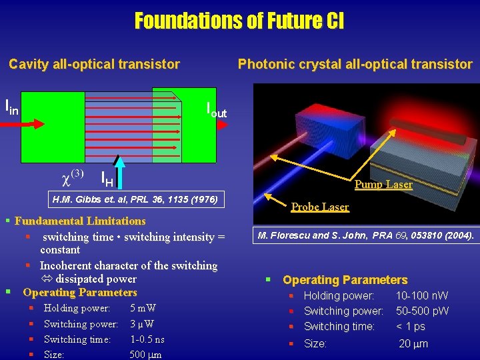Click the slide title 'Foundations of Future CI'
pos(239,21)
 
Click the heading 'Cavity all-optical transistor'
pos(94,64)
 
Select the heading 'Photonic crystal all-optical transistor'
pos(355,64)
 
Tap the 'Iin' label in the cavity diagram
pos(12,106)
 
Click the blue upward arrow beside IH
pos(119,171)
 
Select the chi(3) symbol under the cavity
pos(72,176)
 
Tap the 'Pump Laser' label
pos(383,185)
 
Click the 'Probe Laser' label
pos(320,207)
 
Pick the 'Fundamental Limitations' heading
pos(80,221)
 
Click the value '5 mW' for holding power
pos(143,308)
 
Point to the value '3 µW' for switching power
pos(143,324)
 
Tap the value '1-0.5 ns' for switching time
pos(147,339)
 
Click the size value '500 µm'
pos(146,354)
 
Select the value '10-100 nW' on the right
pos(422,295)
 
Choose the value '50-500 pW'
pos(422,311)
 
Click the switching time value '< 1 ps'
pos(410,326)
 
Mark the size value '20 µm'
pos(413,344)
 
